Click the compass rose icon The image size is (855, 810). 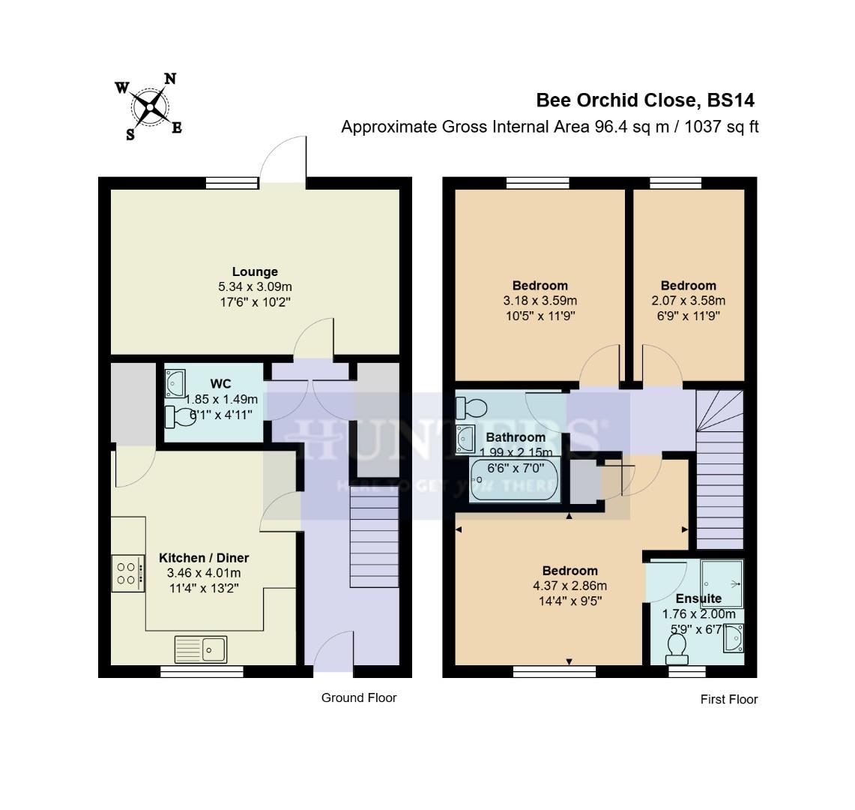[x=151, y=107]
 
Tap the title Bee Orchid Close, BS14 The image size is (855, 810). [x=644, y=100]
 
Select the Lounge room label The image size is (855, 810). [x=255, y=272]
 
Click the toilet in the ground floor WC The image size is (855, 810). [x=179, y=416]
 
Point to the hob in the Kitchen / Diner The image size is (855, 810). [x=128, y=573]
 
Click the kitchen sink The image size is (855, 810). [x=201, y=649]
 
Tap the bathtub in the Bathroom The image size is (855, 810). [x=514, y=481]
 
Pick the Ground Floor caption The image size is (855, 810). [x=359, y=698]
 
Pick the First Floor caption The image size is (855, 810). [x=729, y=700]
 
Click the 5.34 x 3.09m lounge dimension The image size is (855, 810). [x=255, y=286]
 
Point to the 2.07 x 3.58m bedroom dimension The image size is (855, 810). [x=688, y=301]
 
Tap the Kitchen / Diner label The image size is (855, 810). [x=204, y=558]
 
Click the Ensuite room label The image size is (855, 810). [x=698, y=598]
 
